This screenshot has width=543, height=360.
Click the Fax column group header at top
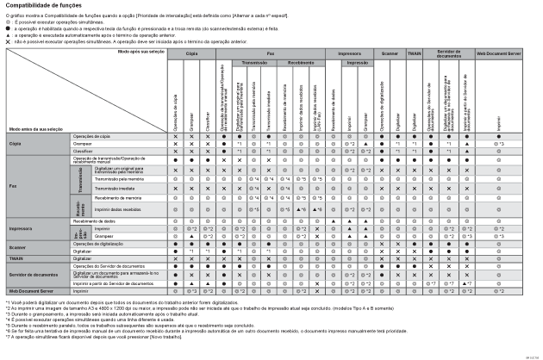(x=270, y=53)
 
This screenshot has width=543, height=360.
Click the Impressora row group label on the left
(x=21, y=230)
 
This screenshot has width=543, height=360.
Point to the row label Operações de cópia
(x=91, y=136)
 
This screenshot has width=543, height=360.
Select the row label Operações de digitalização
(x=97, y=245)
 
